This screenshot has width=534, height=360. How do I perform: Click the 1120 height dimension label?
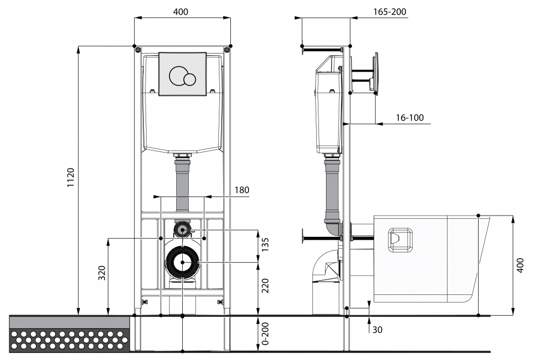point(71,177)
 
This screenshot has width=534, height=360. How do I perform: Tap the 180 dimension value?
point(242,190)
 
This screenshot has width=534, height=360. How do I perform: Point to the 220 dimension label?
point(265,286)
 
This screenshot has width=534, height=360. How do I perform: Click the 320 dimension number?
point(102,273)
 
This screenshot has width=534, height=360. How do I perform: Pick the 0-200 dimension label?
point(265,334)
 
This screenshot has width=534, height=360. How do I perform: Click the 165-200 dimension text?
point(390,12)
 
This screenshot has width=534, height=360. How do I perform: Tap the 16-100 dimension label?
point(410,118)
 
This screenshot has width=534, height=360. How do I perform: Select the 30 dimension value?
point(377,330)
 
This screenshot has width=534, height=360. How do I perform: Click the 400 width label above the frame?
point(181,12)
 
